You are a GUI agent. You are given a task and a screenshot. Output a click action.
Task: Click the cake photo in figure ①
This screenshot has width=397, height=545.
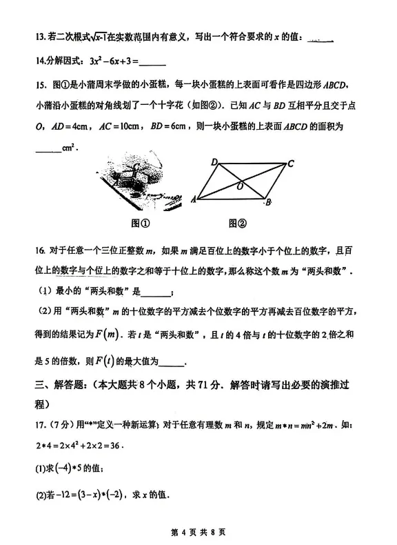tap(130, 181)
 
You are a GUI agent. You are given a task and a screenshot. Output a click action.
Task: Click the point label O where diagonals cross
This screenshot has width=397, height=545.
tap(239, 186)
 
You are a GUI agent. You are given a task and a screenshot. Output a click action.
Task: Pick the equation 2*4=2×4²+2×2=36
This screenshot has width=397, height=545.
tap(78, 444)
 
